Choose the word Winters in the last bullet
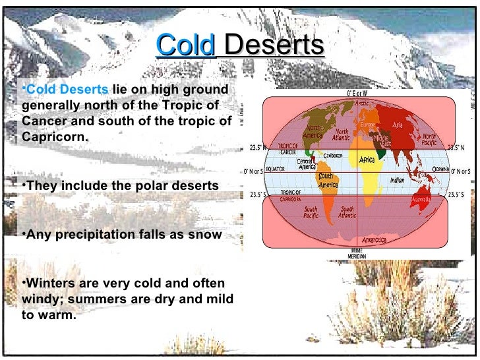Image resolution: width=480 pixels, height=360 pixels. [51, 284]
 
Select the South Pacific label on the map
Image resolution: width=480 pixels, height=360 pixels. [311, 212]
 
